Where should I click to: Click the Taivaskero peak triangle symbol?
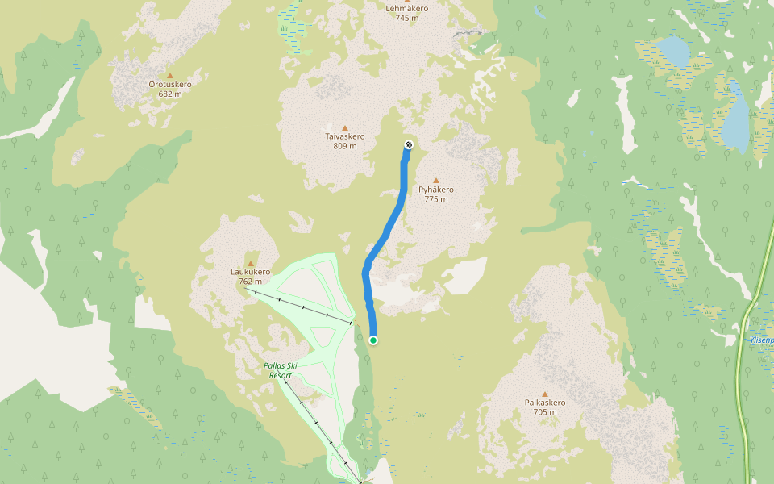pos(345,127)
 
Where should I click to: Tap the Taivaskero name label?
pos(345,136)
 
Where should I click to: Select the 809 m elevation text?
pos(345,146)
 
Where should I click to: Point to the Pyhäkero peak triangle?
pos(436,181)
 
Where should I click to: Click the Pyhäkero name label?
pos(436,190)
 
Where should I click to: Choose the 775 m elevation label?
pos(436,199)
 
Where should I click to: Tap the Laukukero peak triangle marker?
pos(250,263)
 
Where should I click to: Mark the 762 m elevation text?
pos(250,282)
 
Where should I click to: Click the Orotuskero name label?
pos(170,84)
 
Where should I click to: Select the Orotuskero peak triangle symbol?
pos(170,75)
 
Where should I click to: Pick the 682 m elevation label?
pos(170,94)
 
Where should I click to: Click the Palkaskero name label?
pos(545,403)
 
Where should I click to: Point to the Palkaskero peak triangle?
pos(545,394)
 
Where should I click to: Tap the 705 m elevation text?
pos(545,412)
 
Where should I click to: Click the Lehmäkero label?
pos(407,8)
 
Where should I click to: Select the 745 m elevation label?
pos(407,18)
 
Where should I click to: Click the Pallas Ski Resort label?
pos(281,370)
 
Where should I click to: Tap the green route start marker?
pos(373,340)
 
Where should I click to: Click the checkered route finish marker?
pos(408,144)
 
